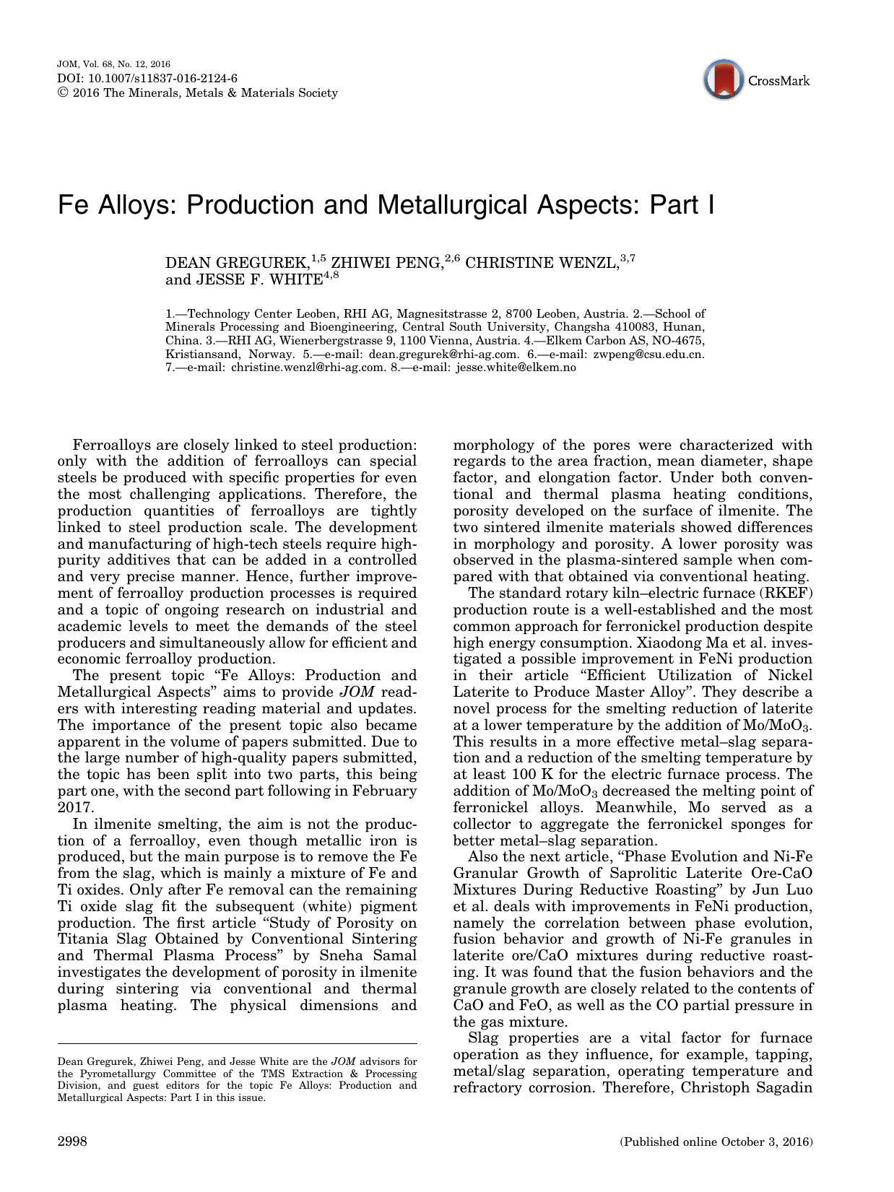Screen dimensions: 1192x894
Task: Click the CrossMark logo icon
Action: [724, 80]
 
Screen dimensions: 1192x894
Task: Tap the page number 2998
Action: [72, 1141]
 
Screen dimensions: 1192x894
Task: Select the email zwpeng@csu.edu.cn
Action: [648, 354]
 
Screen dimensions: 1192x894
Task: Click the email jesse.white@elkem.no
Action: [516, 367]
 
